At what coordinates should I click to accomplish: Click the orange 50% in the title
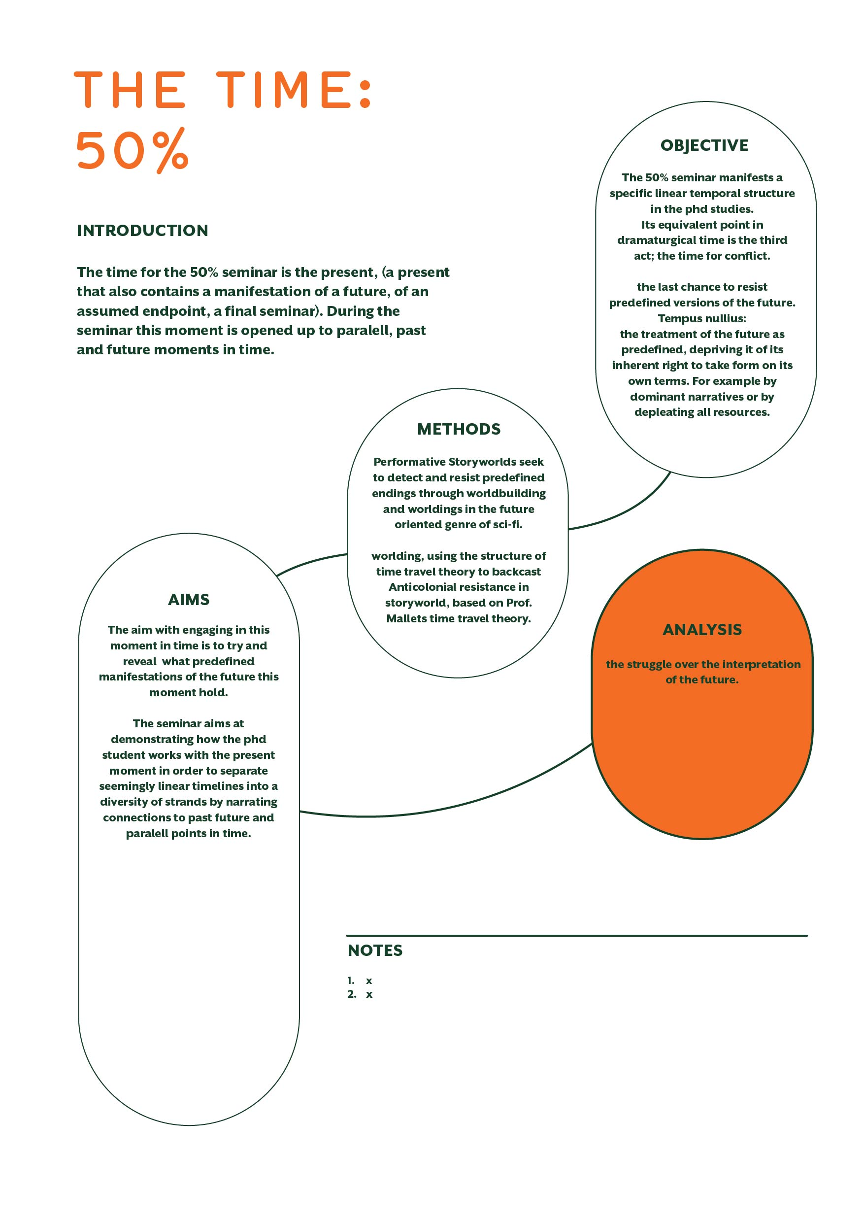tap(132, 150)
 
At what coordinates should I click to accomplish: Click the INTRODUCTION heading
tap(142, 231)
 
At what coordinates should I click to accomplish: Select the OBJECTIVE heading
tap(704, 145)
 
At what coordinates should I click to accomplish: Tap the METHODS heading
tap(459, 429)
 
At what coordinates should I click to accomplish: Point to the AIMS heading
tap(189, 600)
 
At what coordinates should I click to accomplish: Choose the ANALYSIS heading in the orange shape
tap(702, 630)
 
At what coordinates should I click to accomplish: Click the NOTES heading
tap(375, 950)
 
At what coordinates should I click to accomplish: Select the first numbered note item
tap(360, 981)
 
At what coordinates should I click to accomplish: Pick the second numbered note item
tap(360, 994)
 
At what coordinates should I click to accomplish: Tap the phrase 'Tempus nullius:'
tap(702, 318)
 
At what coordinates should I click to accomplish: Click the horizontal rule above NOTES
tap(577, 935)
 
